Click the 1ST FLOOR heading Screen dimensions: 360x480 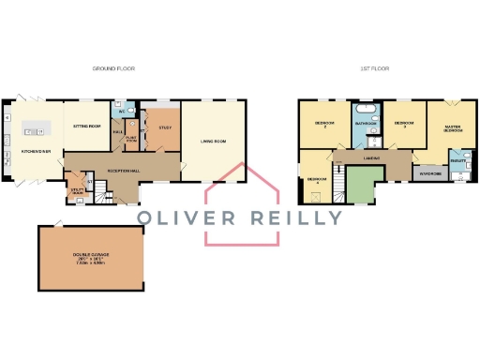click(375, 69)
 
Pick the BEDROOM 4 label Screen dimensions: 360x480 click(317, 179)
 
